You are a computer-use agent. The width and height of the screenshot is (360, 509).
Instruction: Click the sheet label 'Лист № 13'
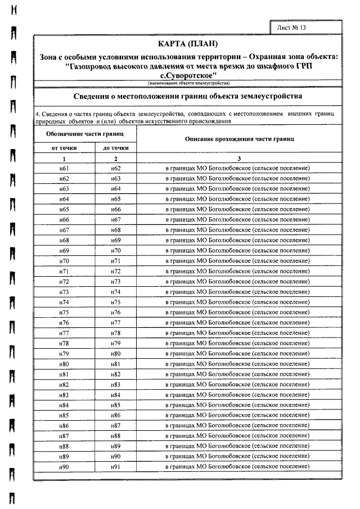[292, 28]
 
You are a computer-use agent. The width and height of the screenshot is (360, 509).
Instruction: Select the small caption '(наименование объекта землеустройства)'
[186, 83]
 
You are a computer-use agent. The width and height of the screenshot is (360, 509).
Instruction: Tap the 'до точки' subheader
[115, 148]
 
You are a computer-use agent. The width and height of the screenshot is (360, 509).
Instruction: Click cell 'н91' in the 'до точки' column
[116, 467]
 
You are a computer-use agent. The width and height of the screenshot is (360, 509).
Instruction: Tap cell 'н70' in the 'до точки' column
[116, 250]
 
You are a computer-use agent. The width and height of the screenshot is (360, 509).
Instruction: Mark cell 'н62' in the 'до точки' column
[116, 168]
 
